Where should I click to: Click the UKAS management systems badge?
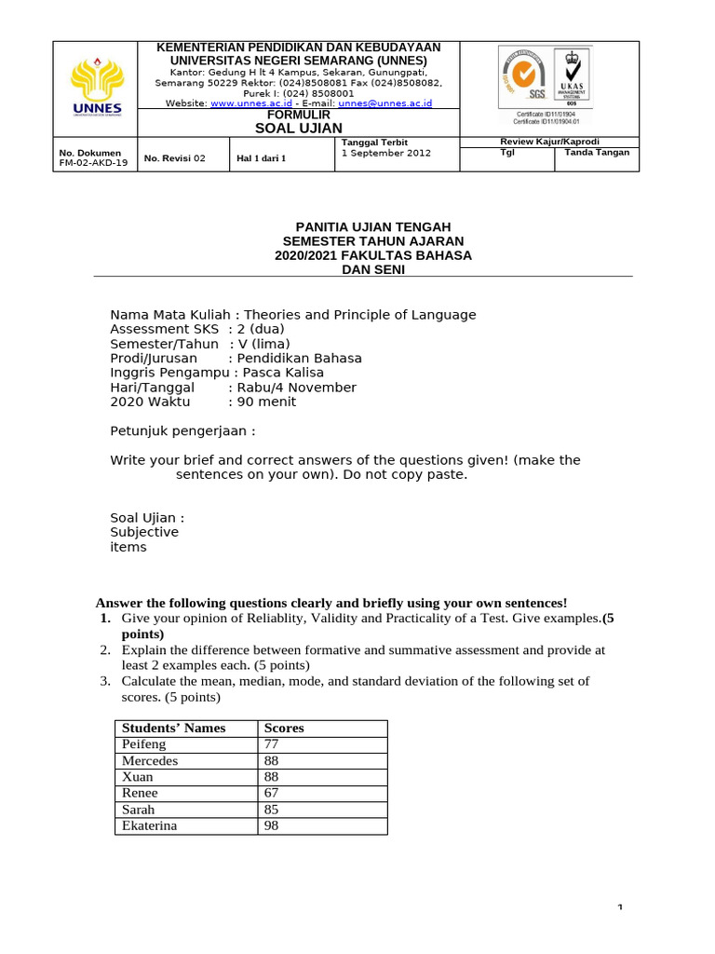click(572, 75)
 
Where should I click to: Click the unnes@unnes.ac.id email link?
click(384, 103)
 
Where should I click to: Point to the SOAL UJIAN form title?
click(299, 128)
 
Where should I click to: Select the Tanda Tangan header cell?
click(597, 152)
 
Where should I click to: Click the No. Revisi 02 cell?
click(174, 158)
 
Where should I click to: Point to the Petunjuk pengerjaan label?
click(182, 431)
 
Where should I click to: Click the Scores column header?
click(284, 728)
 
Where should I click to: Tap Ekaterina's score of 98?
click(272, 825)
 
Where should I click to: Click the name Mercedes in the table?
click(150, 760)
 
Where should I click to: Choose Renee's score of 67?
click(272, 793)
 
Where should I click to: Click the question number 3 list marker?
click(106, 681)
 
